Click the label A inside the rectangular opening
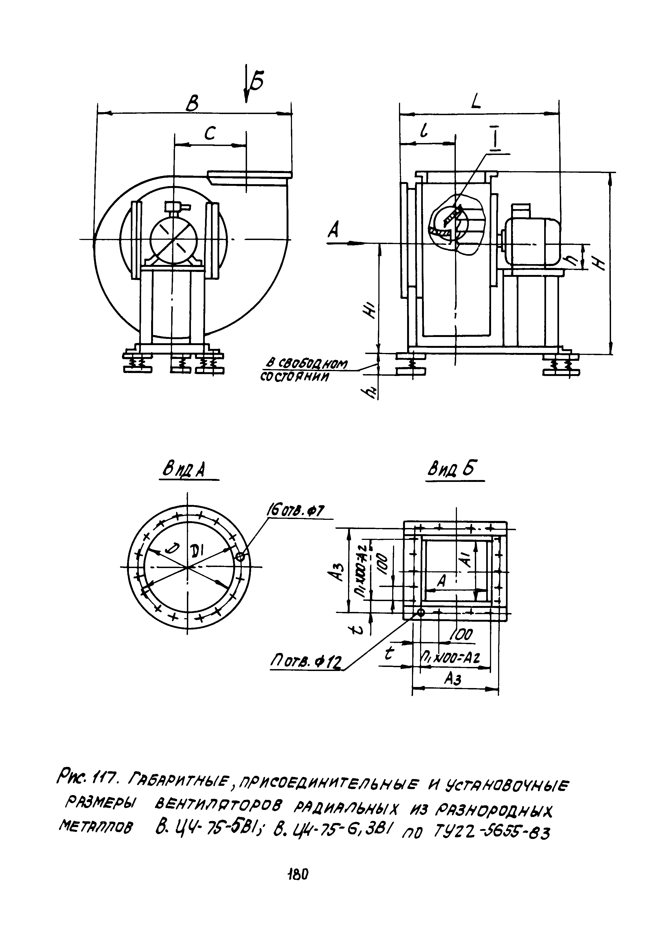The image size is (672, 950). [441, 582]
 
